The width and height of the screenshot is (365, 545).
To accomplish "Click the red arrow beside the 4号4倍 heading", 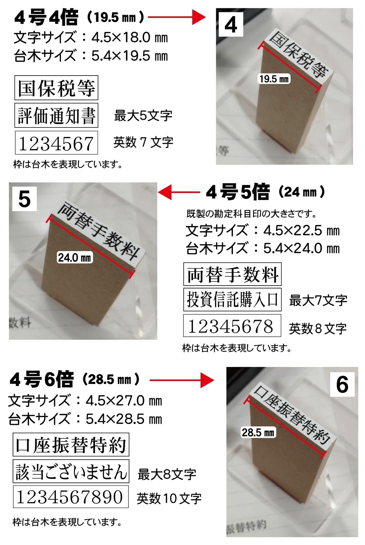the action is [x=177, y=17].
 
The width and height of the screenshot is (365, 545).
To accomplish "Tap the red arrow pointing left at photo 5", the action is [x=179, y=192].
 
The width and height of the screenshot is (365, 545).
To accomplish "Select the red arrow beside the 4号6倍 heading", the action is [x=182, y=380].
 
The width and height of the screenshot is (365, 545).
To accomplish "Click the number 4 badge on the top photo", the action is [x=231, y=25].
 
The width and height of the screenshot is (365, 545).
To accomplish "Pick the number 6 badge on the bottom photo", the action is [x=342, y=384].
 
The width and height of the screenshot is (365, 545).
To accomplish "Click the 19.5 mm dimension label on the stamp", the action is [x=274, y=79].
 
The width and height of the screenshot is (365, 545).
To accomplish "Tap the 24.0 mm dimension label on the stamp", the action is [x=74, y=257].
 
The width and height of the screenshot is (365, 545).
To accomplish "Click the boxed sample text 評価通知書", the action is [x=56, y=115].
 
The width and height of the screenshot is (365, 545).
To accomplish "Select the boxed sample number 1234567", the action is [x=56, y=142].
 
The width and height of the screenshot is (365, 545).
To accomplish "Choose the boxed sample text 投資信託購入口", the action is [x=232, y=299].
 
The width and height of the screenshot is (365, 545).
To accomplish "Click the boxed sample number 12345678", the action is [x=232, y=326].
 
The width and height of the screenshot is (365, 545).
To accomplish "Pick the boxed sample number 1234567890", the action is [x=71, y=497].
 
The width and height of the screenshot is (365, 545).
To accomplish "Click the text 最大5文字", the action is [x=143, y=116].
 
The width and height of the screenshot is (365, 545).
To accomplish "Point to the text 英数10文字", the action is [x=169, y=497].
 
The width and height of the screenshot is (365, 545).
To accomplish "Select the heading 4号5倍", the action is [x=238, y=192].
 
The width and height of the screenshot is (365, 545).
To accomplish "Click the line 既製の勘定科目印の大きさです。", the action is [x=252, y=214].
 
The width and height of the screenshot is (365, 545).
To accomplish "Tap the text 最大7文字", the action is [x=318, y=300].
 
